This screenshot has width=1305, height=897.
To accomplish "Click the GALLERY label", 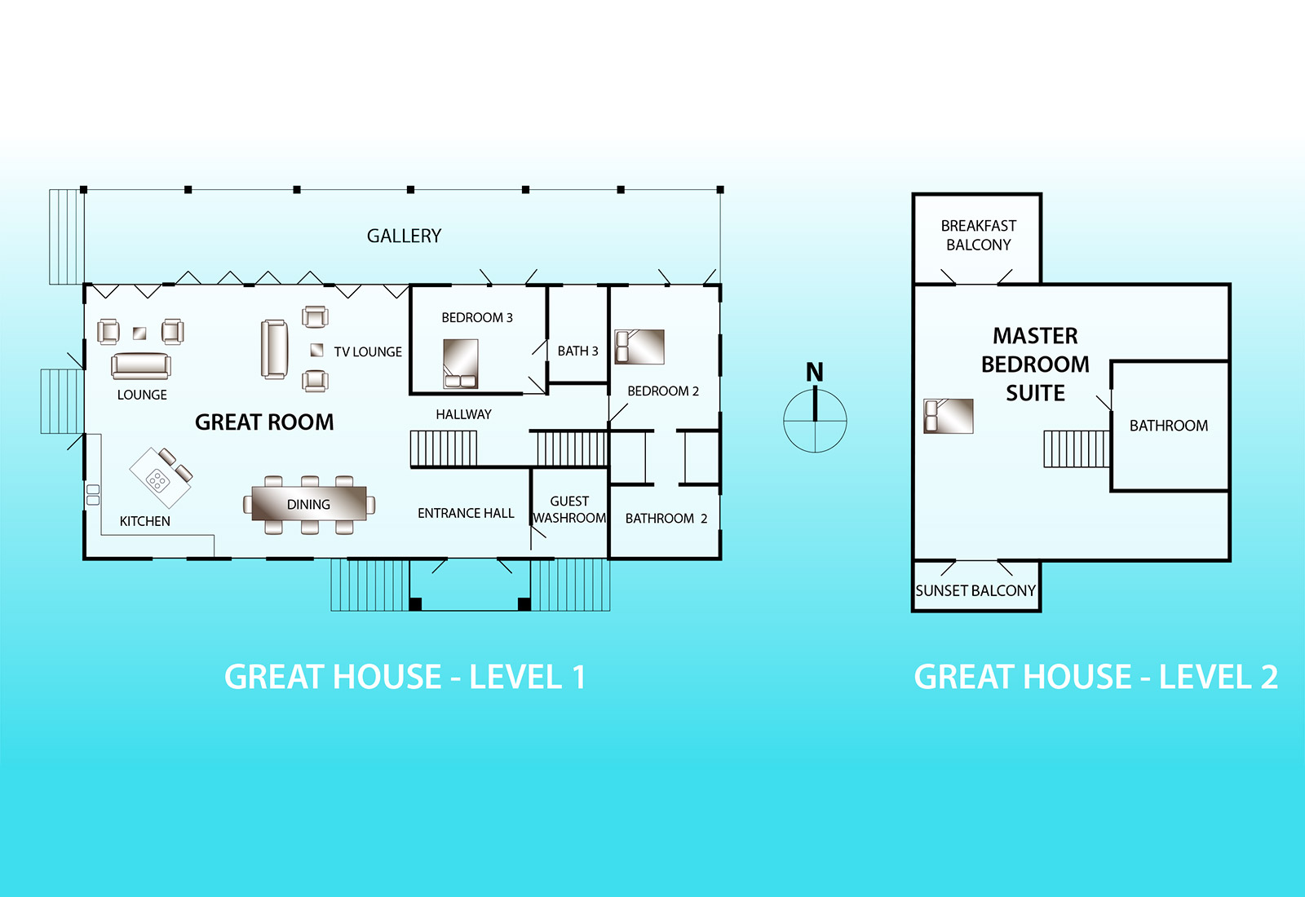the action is tap(404, 236).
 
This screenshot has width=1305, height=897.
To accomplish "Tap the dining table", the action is tap(309, 503).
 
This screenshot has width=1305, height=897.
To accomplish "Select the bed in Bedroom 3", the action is tap(460, 364).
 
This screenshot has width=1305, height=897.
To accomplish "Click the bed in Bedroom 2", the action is tap(639, 347).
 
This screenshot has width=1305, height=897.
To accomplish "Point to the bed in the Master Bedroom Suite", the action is tap(949, 416).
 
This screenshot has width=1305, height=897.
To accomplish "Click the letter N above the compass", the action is tap(815, 372).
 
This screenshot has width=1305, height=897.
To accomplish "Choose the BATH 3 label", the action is tap(578, 351).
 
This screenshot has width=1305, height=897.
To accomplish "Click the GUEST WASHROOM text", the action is tap(569, 510).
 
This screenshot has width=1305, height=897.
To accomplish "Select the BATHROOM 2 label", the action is tap(666, 519).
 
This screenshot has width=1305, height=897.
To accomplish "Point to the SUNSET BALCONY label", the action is tap(975, 590).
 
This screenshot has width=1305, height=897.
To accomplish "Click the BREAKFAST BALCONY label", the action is tap(979, 235).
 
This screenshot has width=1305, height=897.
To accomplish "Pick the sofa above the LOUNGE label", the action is tap(141, 366).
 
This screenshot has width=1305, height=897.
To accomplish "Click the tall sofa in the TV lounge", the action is tap(274, 349).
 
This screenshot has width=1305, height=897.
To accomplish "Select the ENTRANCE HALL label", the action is tap(466, 513).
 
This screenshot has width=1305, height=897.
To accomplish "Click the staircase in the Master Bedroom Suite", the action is tap(1077, 448).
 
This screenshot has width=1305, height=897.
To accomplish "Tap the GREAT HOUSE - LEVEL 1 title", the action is tap(405, 677).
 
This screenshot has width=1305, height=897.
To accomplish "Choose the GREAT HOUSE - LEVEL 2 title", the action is tap(1096, 677).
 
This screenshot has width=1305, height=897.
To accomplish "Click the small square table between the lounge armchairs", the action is tap(139, 333).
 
